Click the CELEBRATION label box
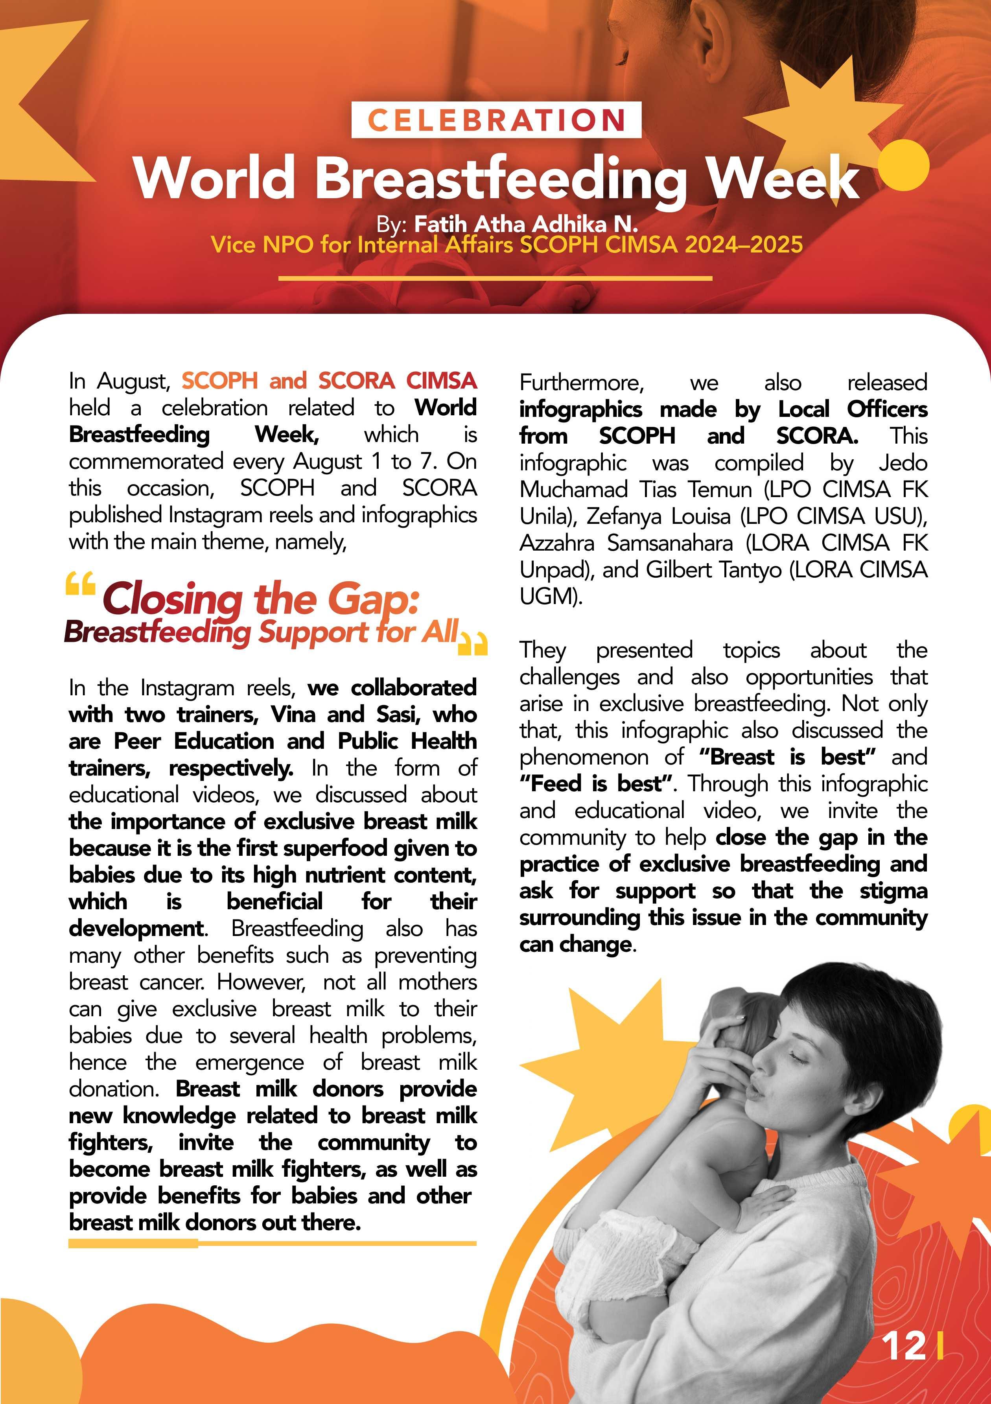496,120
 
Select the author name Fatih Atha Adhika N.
526,225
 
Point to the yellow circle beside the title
903,164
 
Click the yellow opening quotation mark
80,584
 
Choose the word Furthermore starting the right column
581,383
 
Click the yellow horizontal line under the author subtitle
495,278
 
